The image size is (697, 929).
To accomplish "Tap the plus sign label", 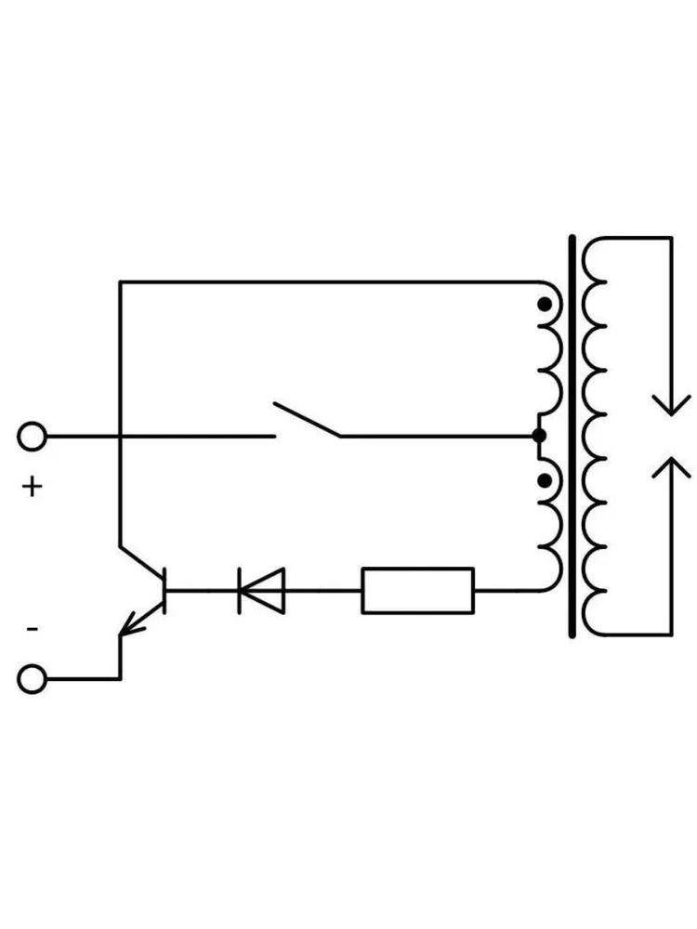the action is [33, 487].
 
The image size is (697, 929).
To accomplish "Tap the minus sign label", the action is [33, 629].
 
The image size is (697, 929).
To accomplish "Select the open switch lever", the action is [307, 420].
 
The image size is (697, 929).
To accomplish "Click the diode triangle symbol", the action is [262, 591].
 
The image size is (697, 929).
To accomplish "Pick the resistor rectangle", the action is [418, 591].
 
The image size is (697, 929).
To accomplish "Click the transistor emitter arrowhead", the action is [130, 625].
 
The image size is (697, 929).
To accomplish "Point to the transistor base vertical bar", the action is [164, 591].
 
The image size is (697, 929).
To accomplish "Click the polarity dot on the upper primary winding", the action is [544, 305].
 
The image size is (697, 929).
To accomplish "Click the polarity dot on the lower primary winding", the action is [544, 480].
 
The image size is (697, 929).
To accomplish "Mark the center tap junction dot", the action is [539, 436].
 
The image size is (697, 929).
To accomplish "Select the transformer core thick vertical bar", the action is [572, 437].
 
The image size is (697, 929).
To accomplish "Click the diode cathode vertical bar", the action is [240, 591].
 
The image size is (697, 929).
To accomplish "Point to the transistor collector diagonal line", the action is [141, 562].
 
